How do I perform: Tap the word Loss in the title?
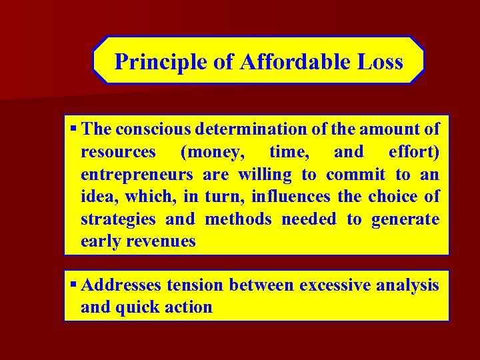pos(379,62)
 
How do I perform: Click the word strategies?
pos(118,219)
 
